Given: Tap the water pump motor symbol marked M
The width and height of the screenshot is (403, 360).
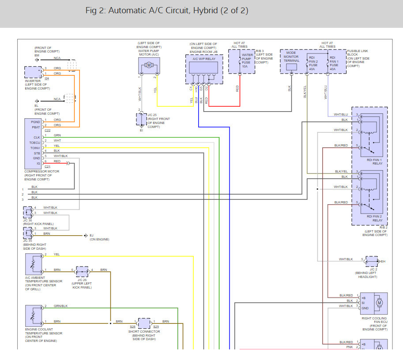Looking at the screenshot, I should pyautogui.click(x=149, y=65).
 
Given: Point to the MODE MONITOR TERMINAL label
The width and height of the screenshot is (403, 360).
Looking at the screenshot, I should pyautogui.click(x=291, y=57).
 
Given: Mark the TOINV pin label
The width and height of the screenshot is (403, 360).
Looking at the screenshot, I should pyautogui.click(x=34, y=148).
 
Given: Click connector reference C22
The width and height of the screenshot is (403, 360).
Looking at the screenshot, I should pyautogui.click(x=47, y=130).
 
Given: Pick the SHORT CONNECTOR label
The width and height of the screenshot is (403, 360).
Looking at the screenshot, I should pyautogui.click(x=144, y=332).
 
